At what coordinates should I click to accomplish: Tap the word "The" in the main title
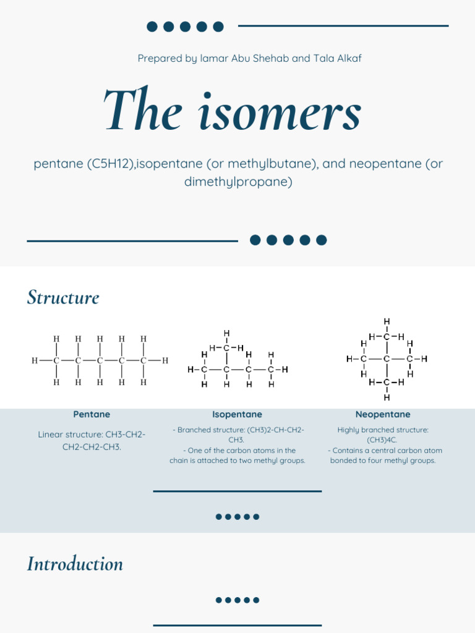pyautogui.click(x=143, y=111)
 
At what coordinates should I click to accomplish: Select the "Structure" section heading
pyautogui.click(x=63, y=297)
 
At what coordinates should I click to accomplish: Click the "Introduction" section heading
pyautogui.click(x=75, y=564)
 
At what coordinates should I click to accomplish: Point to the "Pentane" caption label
pyautogui.click(x=92, y=414)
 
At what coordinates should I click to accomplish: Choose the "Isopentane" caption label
pyautogui.click(x=237, y=414)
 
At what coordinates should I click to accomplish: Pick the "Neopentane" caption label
pyautogui.click(x=383, y=414)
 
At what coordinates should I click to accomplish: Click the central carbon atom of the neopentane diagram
pyautogui.click(x=387, y=359)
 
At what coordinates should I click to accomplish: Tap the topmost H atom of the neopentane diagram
pyautogui.click(x=387, y=321)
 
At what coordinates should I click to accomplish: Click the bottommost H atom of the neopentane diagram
pyautogui.click(x=387, y=397)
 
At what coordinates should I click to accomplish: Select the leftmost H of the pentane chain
pyautogui.click(x=35, y=360)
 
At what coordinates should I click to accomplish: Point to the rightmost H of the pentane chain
pyautogui.click(x=165, y=360)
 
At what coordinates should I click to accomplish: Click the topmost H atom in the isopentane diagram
pyautogui.click(x=227, y=334)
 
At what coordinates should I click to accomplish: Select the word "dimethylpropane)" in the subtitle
pyautogui.click(x=238, y=182)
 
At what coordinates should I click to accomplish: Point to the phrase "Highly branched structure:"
pyautogui.click(x=383, y=430)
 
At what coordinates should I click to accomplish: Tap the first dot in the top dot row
pyautogui.click(x=152, y=26)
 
